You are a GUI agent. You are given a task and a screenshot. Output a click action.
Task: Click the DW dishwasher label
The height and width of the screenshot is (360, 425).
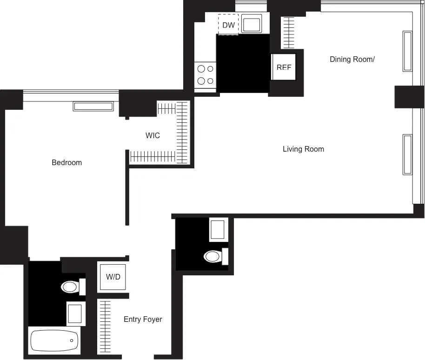point(228,25)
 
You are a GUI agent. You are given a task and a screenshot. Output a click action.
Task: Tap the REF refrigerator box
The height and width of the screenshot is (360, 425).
point(284,67)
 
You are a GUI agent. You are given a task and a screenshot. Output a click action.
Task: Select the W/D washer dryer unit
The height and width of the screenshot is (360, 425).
point(113,277)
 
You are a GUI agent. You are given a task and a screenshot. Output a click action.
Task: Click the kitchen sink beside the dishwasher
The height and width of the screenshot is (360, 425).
point(252,23)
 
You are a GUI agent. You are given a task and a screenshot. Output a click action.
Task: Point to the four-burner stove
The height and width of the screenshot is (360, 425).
point(206,75)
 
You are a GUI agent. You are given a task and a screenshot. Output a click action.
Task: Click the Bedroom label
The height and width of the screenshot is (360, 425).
point(66,162)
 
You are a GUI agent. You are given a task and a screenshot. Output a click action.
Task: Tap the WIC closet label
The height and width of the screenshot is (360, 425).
point(153,135)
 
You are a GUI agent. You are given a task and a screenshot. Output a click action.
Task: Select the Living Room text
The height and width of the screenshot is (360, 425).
point(303,149)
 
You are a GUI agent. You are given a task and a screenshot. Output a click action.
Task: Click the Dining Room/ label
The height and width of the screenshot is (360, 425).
point(352,59)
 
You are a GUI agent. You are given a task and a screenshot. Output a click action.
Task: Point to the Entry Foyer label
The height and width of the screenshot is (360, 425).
point(143,319)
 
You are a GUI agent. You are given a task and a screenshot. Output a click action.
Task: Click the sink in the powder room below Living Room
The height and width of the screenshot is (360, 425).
point(217,230)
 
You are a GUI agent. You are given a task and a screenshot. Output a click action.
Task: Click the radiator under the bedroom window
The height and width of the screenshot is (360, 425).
point(93,107)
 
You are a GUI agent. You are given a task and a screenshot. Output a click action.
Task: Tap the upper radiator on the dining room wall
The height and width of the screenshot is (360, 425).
point(407,51)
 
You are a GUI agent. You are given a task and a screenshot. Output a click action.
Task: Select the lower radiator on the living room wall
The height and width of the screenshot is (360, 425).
point(407,154)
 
